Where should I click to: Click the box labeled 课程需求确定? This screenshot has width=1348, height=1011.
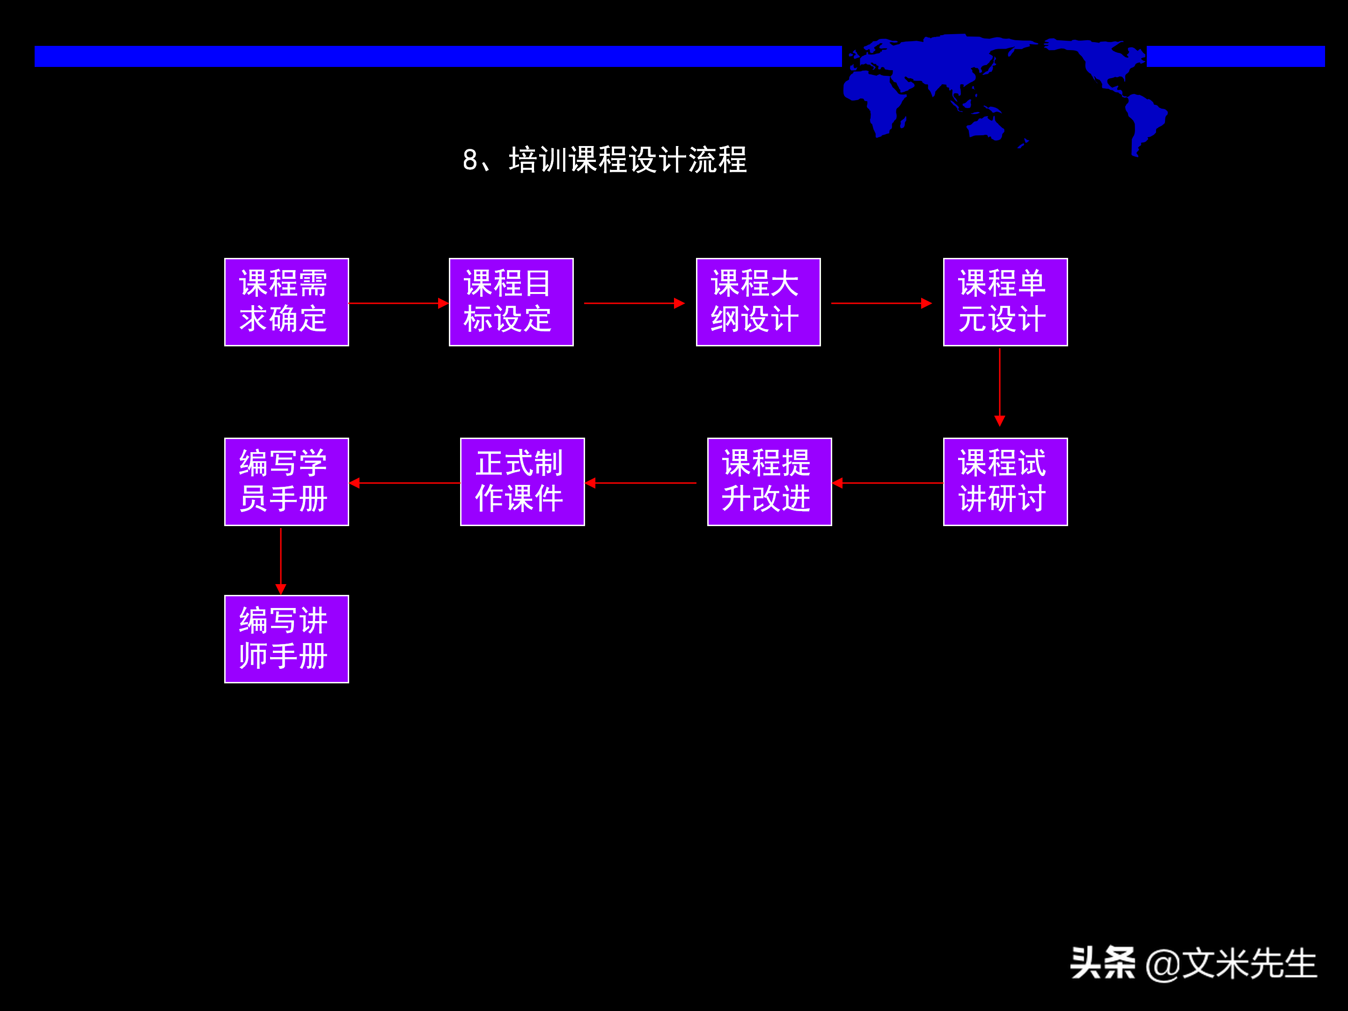click(x=286, y=302)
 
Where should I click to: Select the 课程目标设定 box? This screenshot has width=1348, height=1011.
click(x=511, y=302)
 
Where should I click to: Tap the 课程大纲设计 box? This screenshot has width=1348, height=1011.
click(x=758, y=302)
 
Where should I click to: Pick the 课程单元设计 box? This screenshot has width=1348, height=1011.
click(x=1005, y=302)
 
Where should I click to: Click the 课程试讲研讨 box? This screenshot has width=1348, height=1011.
click(x=1005, y=482)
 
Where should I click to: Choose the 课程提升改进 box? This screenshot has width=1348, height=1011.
click(x=769, y=482)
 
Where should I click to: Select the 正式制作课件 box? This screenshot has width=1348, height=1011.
click(x=522, y=482)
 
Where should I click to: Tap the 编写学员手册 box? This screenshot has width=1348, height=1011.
click(x=286, y=482)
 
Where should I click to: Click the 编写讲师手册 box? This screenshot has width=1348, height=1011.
click(x=286, y=638)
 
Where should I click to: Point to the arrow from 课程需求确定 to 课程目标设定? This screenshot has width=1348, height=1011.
click(x=399, y=303)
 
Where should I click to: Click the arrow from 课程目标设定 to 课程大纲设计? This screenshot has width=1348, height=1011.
click(x=634, y=303)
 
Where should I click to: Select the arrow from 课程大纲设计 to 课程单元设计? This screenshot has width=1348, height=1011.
click(x=881, y=303)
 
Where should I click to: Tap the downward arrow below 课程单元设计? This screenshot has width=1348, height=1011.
click(x=999, y=387)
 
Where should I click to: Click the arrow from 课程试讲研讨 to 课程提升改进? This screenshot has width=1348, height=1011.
click(x=887, y=483)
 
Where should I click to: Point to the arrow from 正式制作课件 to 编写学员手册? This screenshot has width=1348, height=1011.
click(x=405, y=483)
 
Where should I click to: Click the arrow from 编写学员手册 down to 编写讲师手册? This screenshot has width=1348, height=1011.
click(x=280, y=561)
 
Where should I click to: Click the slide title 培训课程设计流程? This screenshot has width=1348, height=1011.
click(x=605, y=160)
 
